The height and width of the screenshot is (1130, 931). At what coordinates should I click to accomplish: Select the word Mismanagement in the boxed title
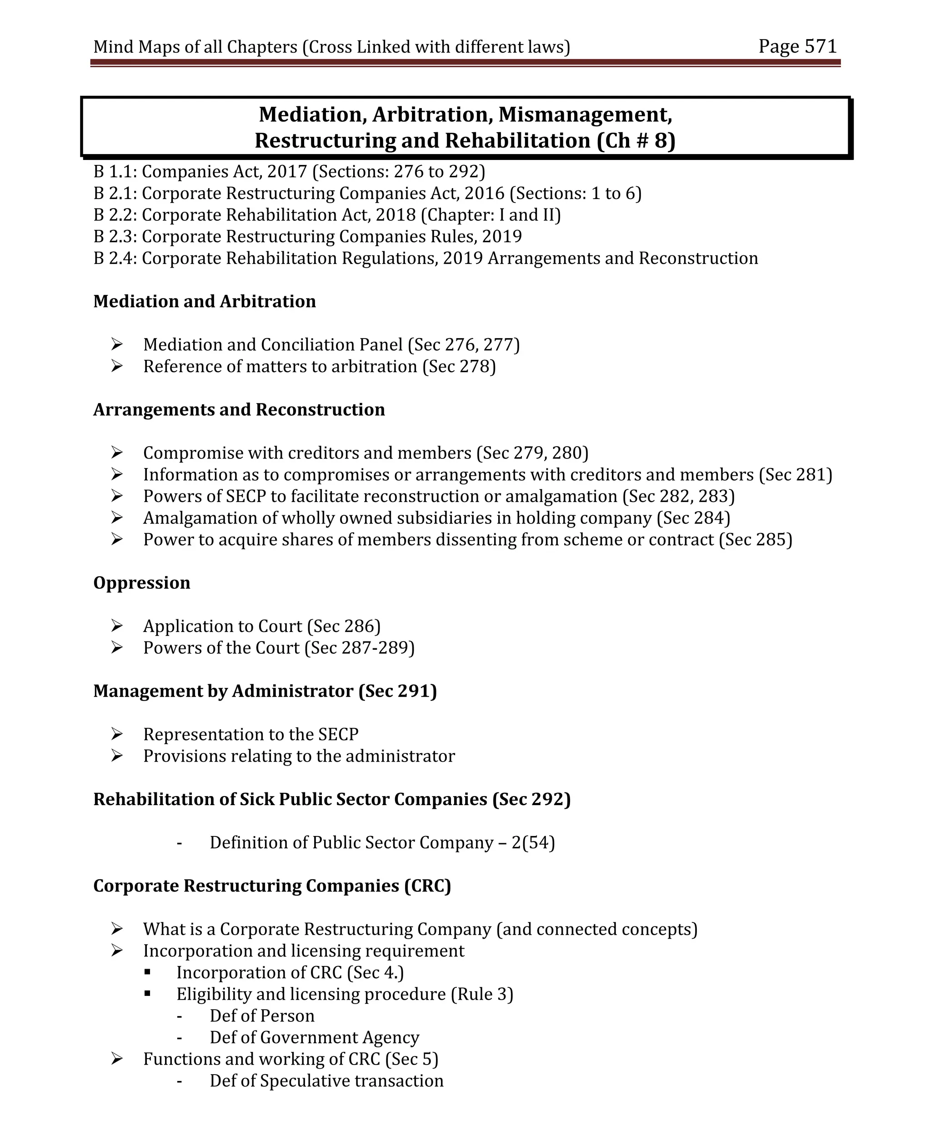click(585, 114)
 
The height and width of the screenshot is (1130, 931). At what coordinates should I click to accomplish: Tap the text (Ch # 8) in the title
click(636, 140)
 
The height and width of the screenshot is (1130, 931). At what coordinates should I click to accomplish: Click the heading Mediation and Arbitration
click(204, 301)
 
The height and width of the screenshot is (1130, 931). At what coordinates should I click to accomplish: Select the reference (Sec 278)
click(459, 367)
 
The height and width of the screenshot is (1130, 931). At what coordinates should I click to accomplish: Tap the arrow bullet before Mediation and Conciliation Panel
click(117, 344)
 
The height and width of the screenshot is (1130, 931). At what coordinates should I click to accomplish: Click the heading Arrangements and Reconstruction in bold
click(239, 409)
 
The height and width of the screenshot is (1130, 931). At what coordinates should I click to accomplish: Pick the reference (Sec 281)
click(796, 475)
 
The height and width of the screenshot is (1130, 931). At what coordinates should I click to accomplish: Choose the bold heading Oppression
click(141, 582)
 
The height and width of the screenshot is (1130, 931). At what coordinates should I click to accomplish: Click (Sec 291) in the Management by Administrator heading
click(397, 691)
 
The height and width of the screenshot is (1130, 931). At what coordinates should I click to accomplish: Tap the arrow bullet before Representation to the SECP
click(117, 733)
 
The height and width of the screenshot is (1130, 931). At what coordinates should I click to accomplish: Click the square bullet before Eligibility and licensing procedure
click(147, 993)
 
